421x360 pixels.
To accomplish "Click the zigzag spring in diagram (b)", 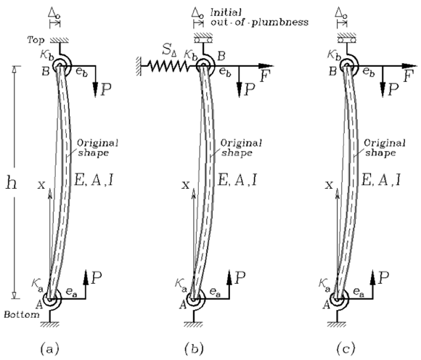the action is point(167,66).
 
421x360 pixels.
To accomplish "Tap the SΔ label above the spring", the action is point(169,49).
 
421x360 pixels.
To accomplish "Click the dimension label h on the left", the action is point(12,183).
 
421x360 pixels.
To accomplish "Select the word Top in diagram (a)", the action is point(36,40).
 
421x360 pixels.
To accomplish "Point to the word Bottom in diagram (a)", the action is point(22,314).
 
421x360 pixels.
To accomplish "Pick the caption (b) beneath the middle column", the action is point(194,348).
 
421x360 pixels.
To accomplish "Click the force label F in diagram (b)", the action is point(265,76).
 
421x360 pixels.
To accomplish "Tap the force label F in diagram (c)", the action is point(409,76).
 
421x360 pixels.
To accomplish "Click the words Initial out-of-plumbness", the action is point(259,17).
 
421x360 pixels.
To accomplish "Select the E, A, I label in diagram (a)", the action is point(94,180).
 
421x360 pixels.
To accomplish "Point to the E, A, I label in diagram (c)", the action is point(381,180).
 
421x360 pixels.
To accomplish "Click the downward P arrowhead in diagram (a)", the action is point(95,89).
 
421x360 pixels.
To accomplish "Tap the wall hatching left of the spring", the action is point(139,66).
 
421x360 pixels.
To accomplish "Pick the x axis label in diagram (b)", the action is point(186,184).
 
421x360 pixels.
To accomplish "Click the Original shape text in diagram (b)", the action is point(241,147).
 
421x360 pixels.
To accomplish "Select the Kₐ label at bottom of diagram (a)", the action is point(37,285).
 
